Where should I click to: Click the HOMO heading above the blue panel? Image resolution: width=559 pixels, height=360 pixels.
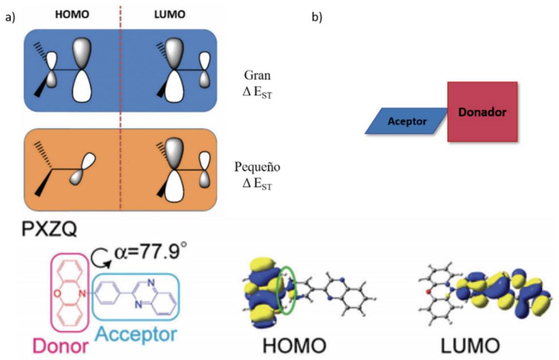click(x=72, y=14)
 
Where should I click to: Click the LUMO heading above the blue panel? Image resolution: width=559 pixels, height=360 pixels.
click(x=170, y=14)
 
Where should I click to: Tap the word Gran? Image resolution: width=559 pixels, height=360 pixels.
click(x=257, y=75)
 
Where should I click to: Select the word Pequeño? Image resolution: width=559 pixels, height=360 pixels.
click(x=257, y=167)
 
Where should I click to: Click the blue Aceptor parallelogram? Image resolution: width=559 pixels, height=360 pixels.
click(x=406, y=121)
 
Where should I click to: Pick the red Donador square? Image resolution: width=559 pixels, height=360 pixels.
click(x=482, y=112)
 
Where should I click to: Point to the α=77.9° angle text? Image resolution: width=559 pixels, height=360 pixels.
click(x=150, y=252)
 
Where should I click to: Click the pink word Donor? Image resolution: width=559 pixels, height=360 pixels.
click(x=60, y=346)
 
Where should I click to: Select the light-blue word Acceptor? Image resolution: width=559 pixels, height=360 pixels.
click(x=136, y=334)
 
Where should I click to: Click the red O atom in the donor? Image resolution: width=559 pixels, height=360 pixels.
click(x=58, y=294)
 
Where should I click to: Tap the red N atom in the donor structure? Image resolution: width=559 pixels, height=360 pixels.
click(x=82, y=294)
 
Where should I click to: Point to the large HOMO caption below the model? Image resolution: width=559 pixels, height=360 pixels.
click(x=294, y=346)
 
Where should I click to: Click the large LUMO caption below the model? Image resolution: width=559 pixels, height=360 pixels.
click(x=470, y=346)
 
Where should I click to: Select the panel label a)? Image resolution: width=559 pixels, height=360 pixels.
click(x=10, y=17)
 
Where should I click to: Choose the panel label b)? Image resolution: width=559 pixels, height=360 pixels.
click(x=317, y=17)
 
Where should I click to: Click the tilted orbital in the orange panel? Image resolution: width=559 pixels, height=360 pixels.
click(x=83, y=169)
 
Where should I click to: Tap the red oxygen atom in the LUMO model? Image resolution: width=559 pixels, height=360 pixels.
click(x=428, y=292)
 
